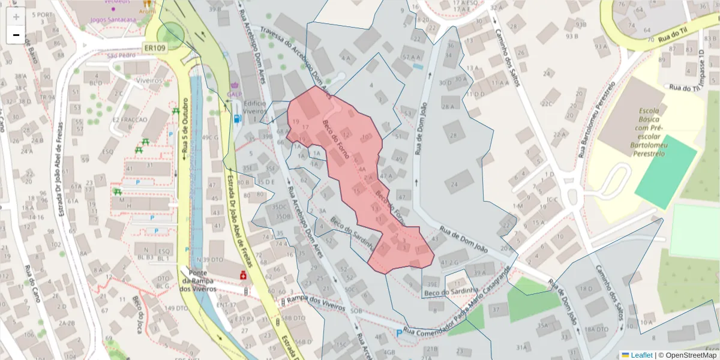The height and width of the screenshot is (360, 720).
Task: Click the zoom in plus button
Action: point(16,17)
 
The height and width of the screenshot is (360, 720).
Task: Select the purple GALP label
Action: point(235,94)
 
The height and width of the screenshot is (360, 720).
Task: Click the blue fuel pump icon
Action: point(238,118)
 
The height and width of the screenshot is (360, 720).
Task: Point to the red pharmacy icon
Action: point(244,275)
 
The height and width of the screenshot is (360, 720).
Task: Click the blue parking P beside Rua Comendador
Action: point(399,333)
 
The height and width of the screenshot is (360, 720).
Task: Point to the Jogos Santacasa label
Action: point(113,19)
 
